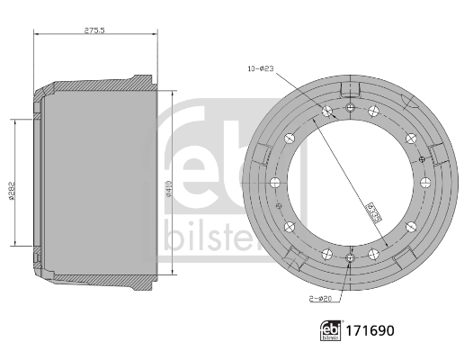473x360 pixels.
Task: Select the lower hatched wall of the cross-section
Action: [90, 282]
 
